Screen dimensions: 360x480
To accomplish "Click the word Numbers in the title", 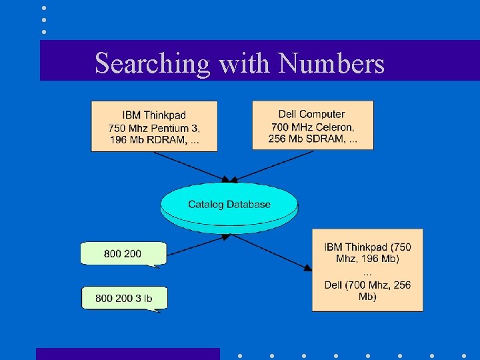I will coord(331,63).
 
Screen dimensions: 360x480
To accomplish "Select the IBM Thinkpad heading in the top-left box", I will coord(154,115).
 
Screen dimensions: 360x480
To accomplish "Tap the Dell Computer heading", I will coord(312,114).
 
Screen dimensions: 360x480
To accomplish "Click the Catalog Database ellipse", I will coord(229,204).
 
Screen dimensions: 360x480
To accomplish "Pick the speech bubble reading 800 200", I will coord(123,253).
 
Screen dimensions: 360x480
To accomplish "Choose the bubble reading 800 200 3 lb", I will coord(124,298).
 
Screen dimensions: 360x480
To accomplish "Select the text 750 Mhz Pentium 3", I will coord(154,128).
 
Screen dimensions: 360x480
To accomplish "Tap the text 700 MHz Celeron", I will coord(313,127).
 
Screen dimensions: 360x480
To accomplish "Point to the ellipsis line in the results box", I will coord(367,273).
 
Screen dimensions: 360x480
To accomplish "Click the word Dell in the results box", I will coord(333,285).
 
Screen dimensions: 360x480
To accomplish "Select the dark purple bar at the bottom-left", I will coord(127,353).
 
